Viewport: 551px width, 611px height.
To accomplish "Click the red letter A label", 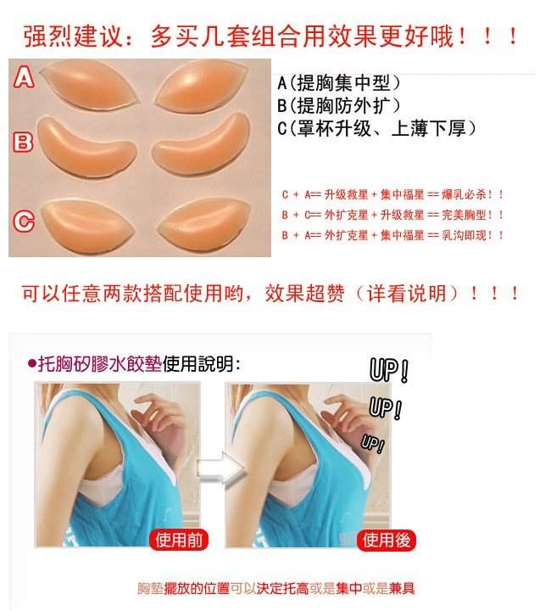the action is click(24, 76).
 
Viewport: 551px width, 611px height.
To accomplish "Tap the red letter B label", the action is click(23, 142).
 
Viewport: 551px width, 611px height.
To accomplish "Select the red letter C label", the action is click(24, 221).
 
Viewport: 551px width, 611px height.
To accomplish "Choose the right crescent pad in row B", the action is click(201, 145).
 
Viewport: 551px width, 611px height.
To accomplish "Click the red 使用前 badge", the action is click(179, 540).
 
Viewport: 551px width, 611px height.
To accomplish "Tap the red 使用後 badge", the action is click(387, 540).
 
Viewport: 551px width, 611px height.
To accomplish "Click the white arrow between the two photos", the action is click(220, 469).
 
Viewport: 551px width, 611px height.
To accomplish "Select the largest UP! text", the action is click(389, 370).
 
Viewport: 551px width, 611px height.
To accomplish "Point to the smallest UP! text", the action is click(373, 444).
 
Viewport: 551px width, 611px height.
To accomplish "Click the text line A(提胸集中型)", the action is click(339, 82).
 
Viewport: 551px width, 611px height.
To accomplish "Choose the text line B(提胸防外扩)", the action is click(339, 105).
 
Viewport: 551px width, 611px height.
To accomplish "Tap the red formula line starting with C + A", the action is click(392, 194).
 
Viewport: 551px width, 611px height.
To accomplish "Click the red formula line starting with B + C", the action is click(392, 215).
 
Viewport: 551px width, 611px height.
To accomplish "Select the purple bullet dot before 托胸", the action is click(32, 364).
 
